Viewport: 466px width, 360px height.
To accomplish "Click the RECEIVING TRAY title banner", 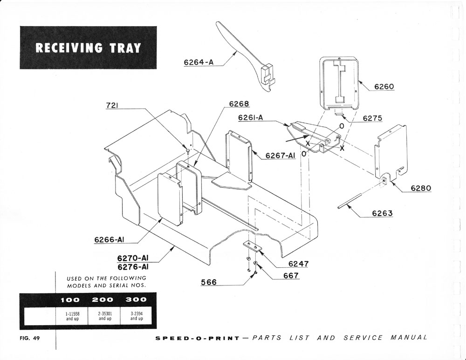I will [88, 48].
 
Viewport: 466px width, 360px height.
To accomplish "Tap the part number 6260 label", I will [384, 87].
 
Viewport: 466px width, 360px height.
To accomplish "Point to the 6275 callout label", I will [372, 118].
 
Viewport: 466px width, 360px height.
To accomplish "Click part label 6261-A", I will [250, 118].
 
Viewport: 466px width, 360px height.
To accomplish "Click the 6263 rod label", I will [382, 213].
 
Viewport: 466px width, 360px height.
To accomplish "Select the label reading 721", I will [111, 106].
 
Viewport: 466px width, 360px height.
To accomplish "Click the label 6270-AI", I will [133, 258].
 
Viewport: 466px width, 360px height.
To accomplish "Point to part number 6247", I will [299, 264].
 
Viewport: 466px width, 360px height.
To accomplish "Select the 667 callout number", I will [291, 275].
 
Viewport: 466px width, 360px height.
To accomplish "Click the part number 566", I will [208, 282].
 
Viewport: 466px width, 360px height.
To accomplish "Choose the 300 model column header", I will [136, 299].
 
